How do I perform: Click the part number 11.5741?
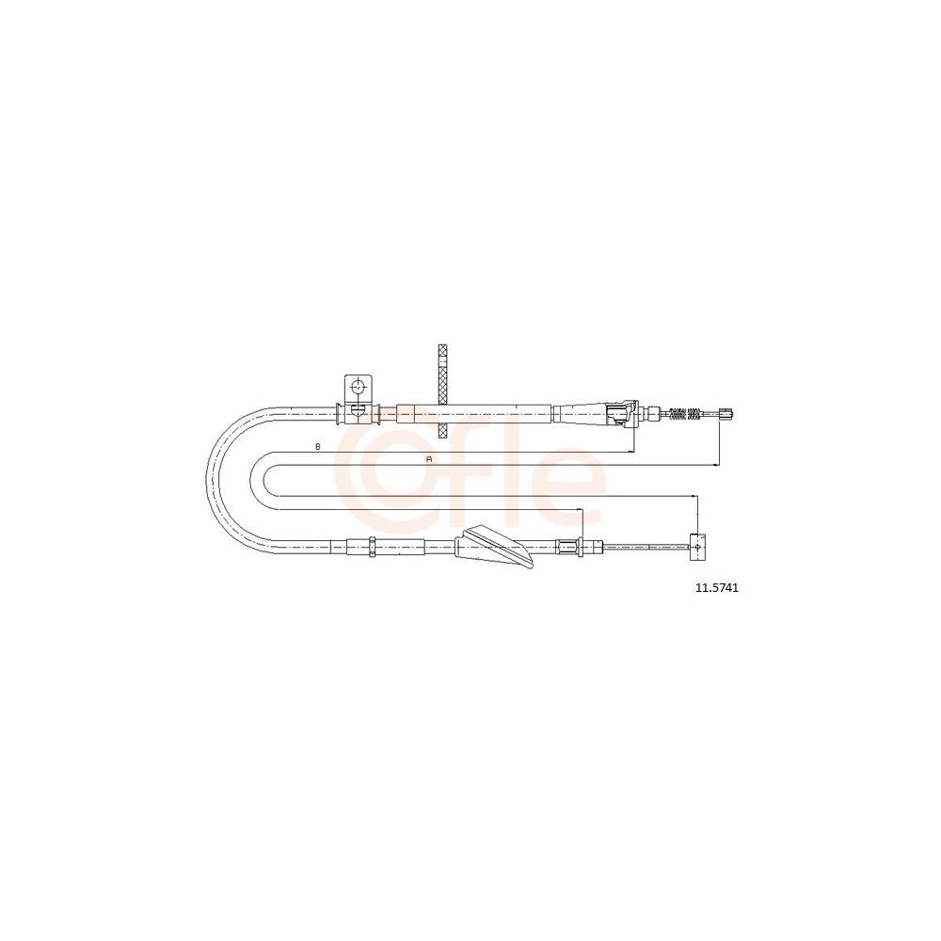(716, 588)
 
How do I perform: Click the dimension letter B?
(318, 446)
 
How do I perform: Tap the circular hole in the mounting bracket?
(358, 386)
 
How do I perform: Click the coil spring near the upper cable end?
(685, 413)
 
